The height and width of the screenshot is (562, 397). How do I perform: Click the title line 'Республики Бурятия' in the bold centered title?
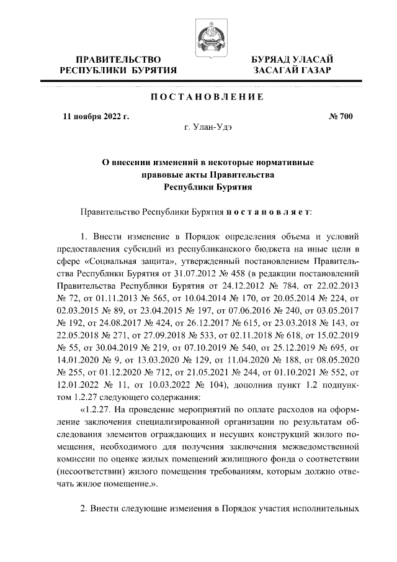pos(208,186)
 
